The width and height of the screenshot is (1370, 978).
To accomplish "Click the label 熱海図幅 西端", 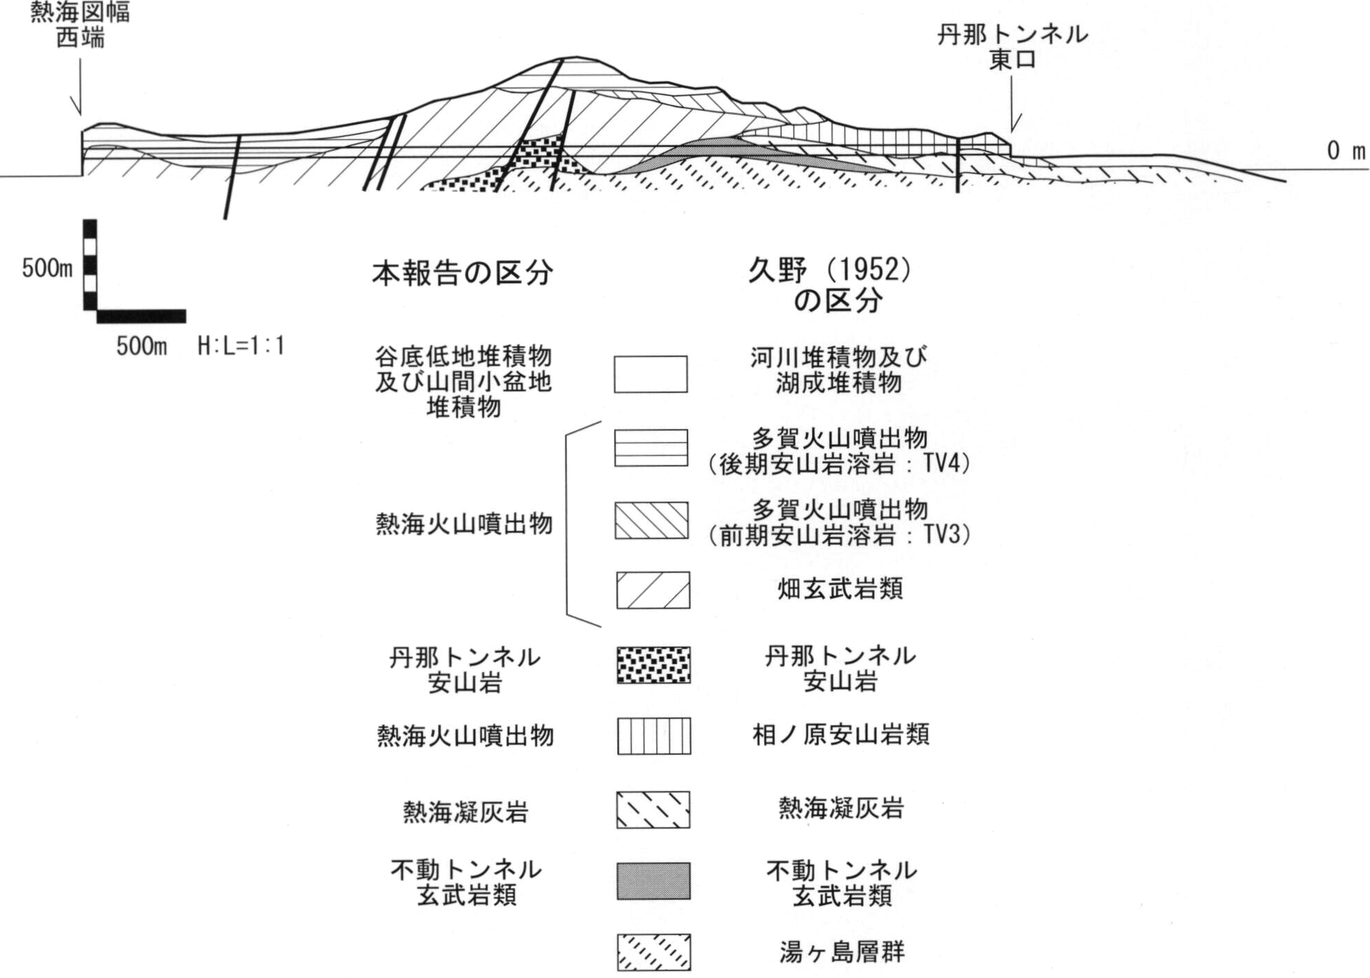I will click(80, 24).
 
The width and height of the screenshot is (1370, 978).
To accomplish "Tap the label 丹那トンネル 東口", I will click(1012, 46).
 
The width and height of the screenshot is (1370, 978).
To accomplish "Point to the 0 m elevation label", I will click(1345, 151).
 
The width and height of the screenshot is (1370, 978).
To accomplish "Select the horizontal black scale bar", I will click(141, 317).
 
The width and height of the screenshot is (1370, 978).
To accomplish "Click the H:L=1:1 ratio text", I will click(240, 345).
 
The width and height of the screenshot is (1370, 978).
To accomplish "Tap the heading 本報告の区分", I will click(462, 273).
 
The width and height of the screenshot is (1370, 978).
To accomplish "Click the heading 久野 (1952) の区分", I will click(829, 284).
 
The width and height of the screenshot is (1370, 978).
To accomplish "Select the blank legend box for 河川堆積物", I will click(650, 374).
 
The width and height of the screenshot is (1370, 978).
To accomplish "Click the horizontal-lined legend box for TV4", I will click(651, 448).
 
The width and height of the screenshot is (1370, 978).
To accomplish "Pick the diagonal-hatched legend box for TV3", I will click(651, 521).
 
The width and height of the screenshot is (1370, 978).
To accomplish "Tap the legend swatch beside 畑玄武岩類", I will click(653, 591).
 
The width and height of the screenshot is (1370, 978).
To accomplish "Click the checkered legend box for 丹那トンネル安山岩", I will click(653, 665).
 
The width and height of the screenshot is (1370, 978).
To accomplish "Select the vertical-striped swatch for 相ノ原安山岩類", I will click(653, 735).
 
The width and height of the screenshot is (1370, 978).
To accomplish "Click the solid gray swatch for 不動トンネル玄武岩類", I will click(653, 881).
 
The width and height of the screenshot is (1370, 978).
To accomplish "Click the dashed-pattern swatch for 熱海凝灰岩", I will click(653, 810).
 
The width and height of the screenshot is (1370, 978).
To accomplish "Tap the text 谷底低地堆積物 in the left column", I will click(463, 357).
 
